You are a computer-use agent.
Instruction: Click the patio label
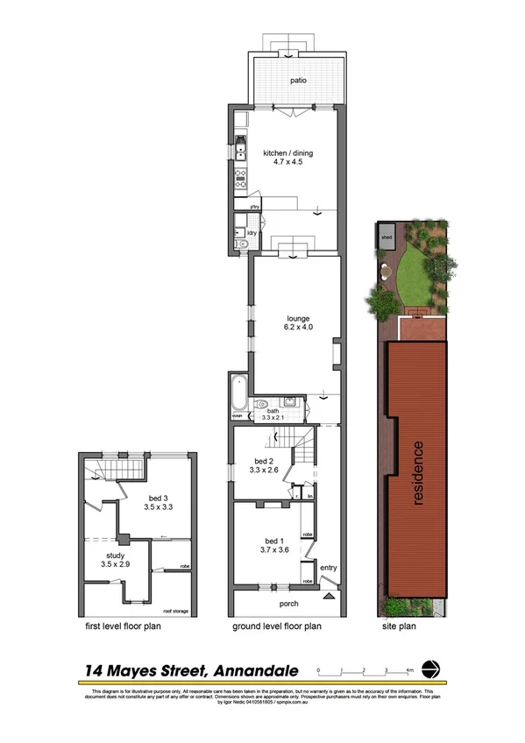299,81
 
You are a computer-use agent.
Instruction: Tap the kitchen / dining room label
287,153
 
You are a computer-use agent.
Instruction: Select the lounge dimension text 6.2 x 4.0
298,327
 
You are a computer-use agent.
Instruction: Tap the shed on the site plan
386,237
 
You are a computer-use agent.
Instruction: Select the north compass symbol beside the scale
430,669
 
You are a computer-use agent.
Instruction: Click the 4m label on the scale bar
409,670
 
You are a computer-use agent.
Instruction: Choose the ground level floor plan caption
276,626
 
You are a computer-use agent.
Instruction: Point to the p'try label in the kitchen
255,207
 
